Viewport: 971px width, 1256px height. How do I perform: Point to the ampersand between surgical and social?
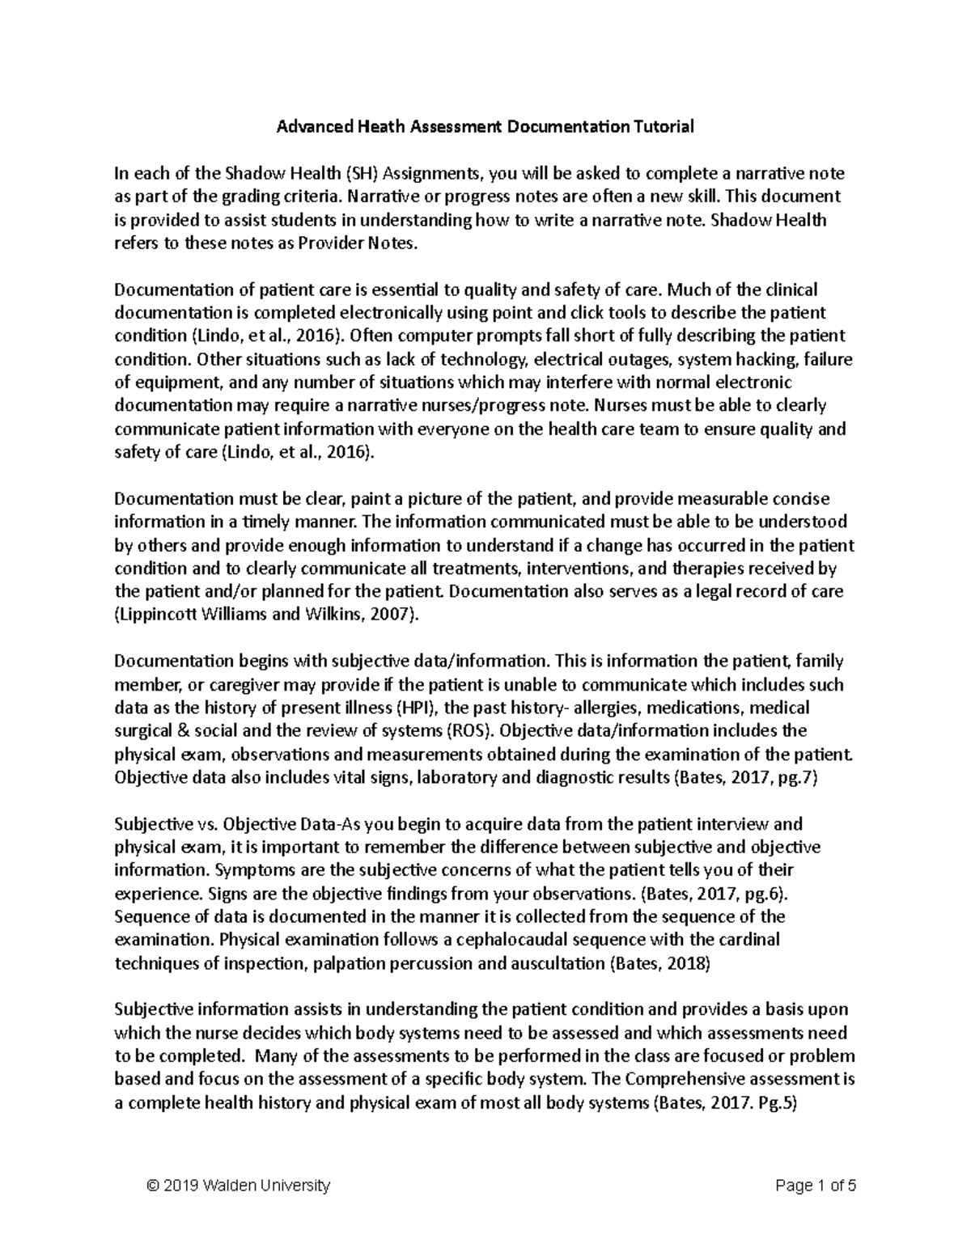tap(174, 731)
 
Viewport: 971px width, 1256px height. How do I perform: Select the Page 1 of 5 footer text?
tap(815, 1186)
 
